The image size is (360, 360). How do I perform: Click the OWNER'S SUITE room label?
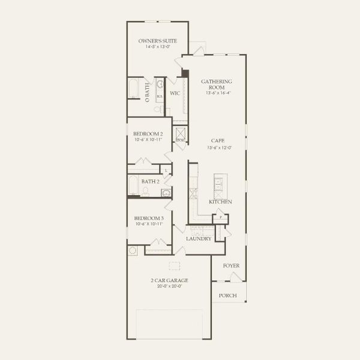click(x=157, y=41)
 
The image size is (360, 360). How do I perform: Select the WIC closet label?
click(x=175, y=94)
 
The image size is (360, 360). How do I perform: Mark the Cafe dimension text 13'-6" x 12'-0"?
click(x=217, y=147)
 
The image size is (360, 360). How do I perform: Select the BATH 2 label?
click(x=150, y=181)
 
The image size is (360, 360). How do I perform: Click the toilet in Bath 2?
click(x=145, y=192)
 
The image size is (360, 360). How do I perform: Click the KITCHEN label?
click(x=220, y=202)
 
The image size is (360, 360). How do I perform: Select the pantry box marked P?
click(x=220, y=217)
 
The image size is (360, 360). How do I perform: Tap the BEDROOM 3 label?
click(x=148, y=218)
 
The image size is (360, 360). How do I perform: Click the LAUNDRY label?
click(x=198, y=238)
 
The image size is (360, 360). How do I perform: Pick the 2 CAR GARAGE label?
click(x=169, y=280)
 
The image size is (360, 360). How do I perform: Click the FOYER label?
click(x=231, y=265)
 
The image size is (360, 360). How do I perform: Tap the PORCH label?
click(x=227, y=295)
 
